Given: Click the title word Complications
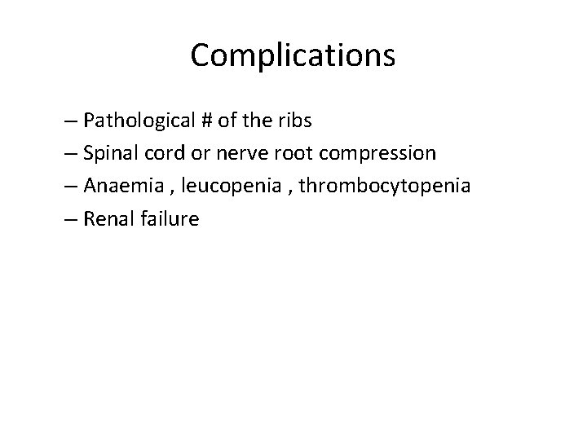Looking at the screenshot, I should (x=293, y=55).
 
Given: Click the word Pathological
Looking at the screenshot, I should (x=138, y=121).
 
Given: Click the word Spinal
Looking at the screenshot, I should (x=109, y=153).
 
